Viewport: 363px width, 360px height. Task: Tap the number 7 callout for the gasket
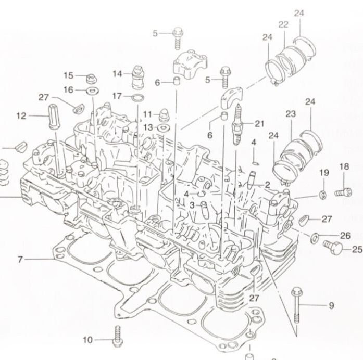tap(20, 259)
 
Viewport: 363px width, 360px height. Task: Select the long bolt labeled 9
tap(296, 305)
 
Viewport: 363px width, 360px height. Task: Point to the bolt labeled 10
tap(117, 337)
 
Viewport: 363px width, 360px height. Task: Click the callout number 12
tap(21, 116)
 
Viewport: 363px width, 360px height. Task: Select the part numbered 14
tap(137, 77)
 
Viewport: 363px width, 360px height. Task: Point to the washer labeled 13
tap(163, 127)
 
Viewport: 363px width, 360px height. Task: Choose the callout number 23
tap(291, 113)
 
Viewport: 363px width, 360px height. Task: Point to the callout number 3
tap(192, 205)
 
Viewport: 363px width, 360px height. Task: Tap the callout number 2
tap(267, 185)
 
